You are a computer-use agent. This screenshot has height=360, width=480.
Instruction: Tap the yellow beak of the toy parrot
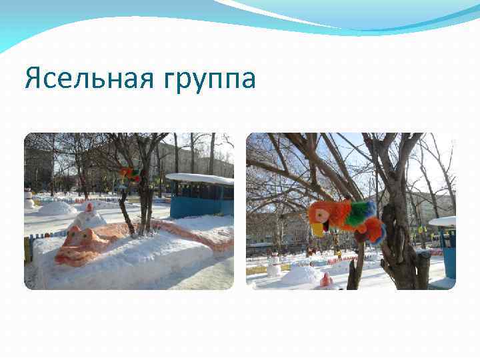coord(317,229)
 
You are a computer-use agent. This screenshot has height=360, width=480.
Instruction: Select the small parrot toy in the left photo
coord(129,174)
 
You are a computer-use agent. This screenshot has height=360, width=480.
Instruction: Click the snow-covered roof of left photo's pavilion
coord(200,179)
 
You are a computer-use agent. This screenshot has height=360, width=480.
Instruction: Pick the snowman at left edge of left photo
coord(29,199)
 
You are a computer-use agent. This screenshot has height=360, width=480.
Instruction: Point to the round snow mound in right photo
coord(301,275)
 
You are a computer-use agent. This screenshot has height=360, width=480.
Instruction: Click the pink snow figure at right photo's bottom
coord(326,281)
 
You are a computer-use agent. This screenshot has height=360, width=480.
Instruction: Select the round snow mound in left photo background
coord(57,208)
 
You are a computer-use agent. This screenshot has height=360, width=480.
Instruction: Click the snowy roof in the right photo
coord(443,221)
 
